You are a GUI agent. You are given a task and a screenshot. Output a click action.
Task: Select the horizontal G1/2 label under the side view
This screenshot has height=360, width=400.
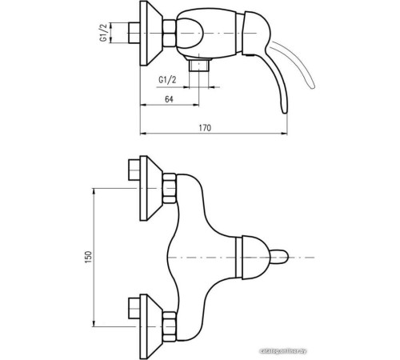pyautogui.click(x=169, y=78)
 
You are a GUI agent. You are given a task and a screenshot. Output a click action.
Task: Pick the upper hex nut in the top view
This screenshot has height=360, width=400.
pyautogui.click(x=169, y=190)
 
